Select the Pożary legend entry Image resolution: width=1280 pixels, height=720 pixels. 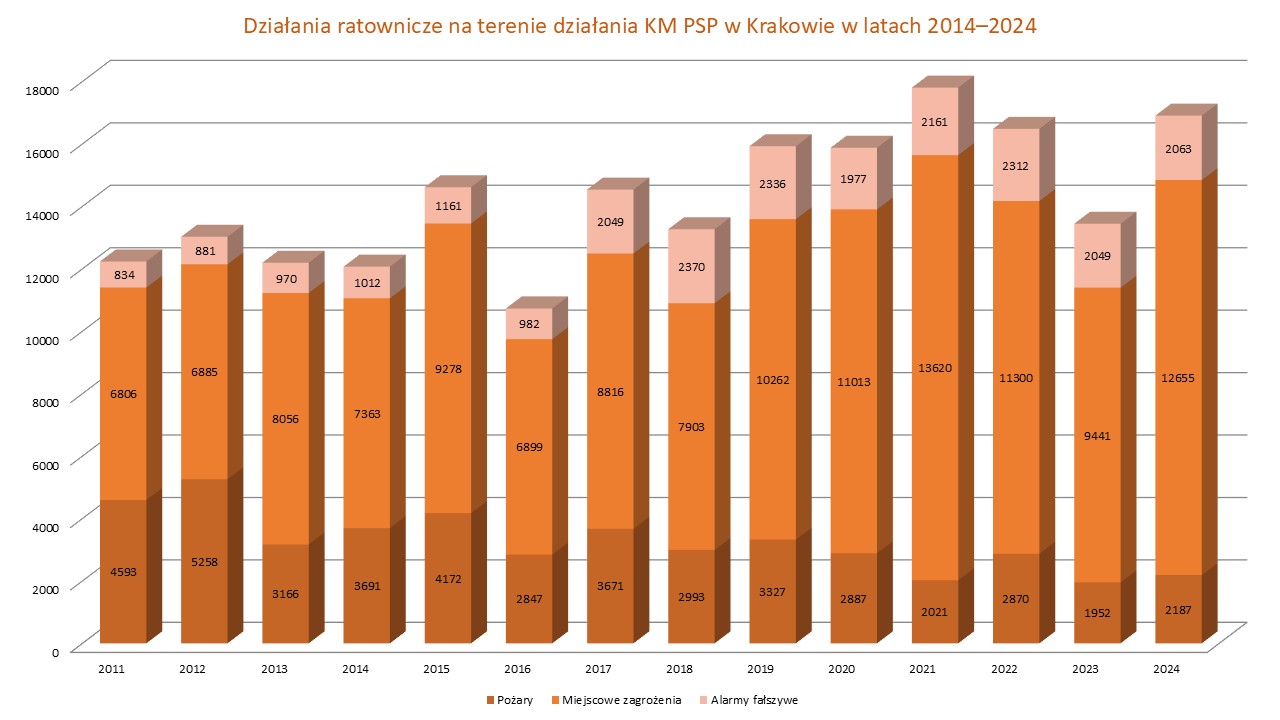[x=512, y=700]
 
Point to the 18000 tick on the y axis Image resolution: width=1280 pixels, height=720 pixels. [x=43, y=89]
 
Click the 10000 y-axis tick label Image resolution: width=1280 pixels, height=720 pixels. [x=43, y=339]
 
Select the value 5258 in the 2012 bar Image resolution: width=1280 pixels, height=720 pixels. [x=203, y=561]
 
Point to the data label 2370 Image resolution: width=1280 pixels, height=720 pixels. [x=691, y=266]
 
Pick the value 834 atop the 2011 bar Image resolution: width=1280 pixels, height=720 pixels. [x=122, y=274]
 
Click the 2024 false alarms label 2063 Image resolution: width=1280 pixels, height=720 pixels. [x=1177, y=149]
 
